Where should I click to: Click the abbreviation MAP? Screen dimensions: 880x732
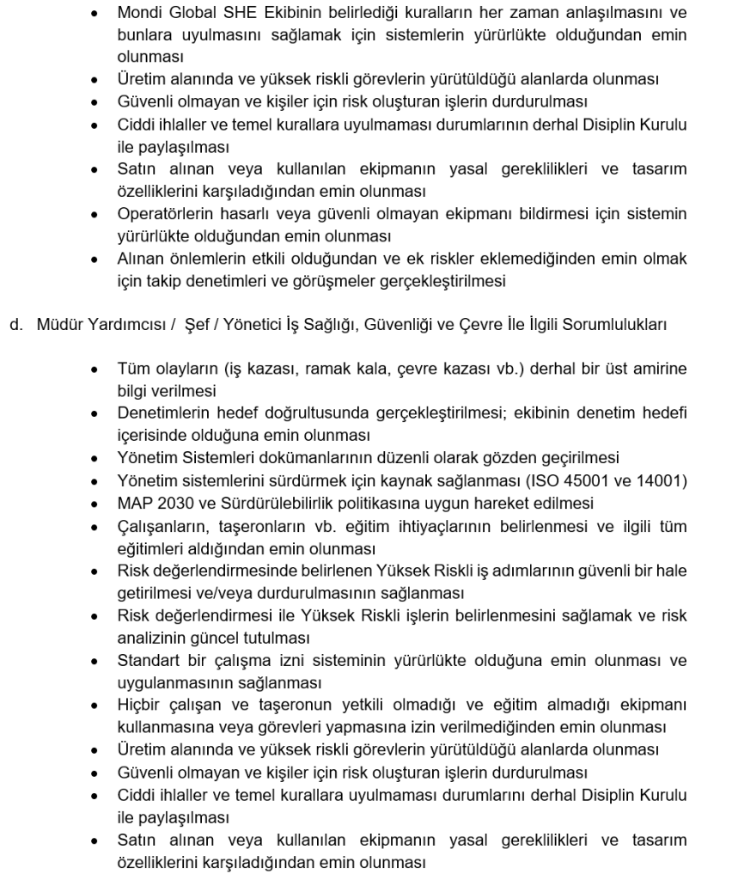[x=134, y=503]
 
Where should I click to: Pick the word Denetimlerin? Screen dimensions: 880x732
[x=161, y=414]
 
